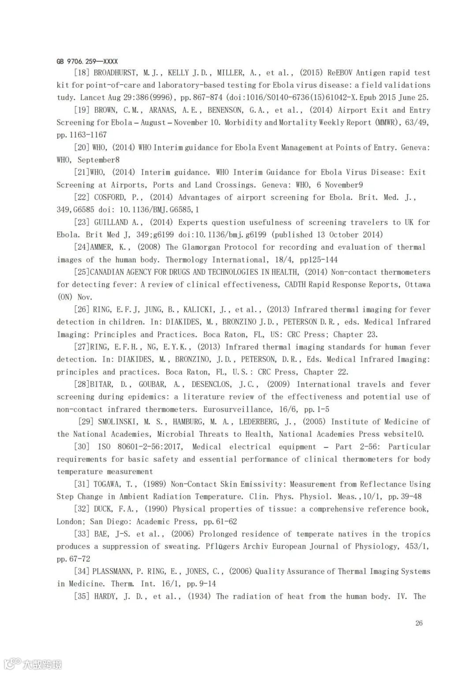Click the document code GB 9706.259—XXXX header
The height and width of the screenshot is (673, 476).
[87, 62]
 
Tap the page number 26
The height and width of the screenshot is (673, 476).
[419, 623]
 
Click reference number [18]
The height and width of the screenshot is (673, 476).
[82, 73]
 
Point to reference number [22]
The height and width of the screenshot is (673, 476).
[82, 197]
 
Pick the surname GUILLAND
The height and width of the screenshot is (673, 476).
[112, 223]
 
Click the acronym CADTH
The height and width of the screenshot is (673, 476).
[295, 285]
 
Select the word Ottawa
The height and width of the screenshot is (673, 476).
[417, 285]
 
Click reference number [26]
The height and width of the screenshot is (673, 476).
[82, 310]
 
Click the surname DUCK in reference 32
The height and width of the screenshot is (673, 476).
[103, 509]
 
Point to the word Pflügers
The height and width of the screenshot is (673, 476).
[223, 547]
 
